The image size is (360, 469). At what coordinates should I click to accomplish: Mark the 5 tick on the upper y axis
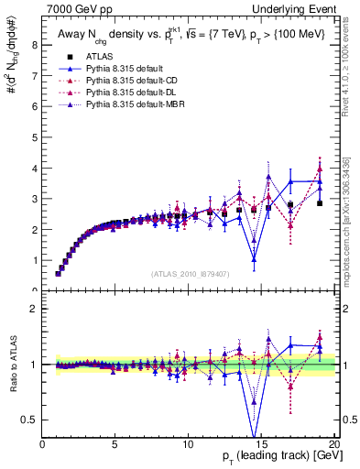tap(34, 137)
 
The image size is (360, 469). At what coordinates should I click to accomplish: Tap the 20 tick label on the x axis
tap(334, 444)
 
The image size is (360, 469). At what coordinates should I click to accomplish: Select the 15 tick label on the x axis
tap(261, 444)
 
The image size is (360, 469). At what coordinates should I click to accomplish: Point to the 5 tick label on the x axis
tap(115, 444)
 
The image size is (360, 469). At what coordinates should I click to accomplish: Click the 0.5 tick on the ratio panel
tap(30, 420)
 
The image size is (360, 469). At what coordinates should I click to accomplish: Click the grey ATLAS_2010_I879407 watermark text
tap(189, 273)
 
